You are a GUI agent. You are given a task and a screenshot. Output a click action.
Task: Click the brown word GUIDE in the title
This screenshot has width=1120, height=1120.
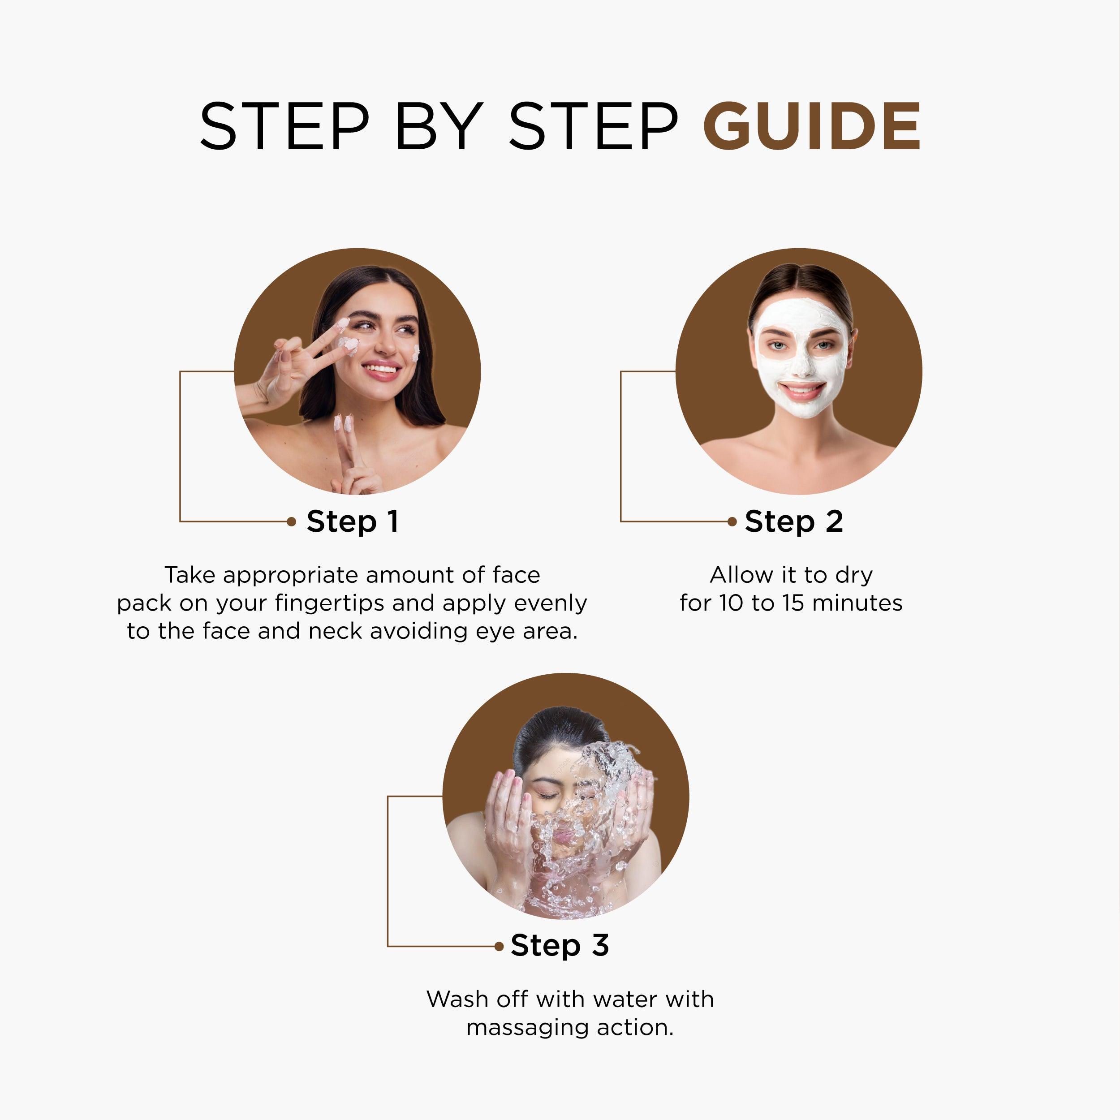click(x=812, y=126)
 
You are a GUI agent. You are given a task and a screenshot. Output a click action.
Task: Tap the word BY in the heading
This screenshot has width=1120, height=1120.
click(x=439, y=126)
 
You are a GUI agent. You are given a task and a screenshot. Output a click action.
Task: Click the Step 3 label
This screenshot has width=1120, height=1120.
click(x=560, y=946)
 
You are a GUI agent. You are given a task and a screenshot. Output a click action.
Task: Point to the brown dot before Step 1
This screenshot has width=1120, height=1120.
click(x=292, y=522)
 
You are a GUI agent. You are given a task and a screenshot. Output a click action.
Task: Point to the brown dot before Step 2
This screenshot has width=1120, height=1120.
click(x=732, y=522)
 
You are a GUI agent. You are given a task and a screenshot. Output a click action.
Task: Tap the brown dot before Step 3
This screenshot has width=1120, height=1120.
click(x=499, y=947)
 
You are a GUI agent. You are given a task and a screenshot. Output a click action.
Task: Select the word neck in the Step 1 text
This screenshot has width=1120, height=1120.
click(x=336, y=631)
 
